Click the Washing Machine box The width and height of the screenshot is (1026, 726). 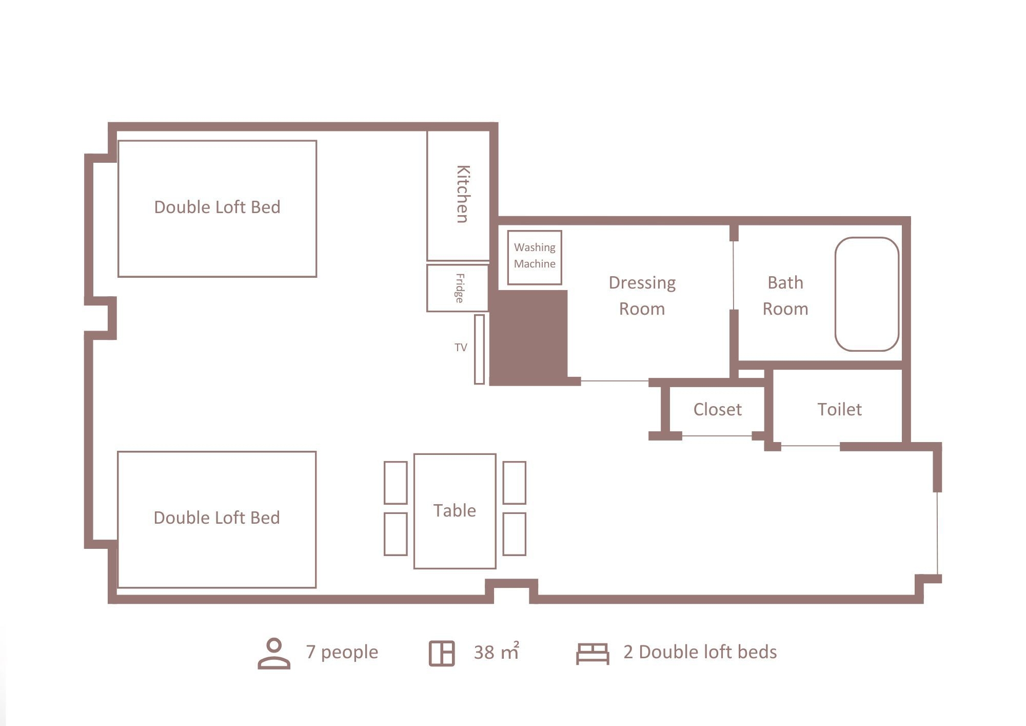click(x=535, y=257)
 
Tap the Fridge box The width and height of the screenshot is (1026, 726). click(x=457, y=288)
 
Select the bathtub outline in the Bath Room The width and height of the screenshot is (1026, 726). click(x=836, y=294)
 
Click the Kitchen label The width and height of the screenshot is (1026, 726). click(x=463, y=194)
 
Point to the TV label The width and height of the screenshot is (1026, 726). click(x=461, y=348)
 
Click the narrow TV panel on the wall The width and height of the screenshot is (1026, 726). click(x=479, y=349)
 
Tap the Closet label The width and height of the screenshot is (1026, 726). click(x=717, y=409)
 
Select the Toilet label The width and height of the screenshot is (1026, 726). click(x=839, y=409)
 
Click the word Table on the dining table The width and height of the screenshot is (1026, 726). click(x=455, y=510)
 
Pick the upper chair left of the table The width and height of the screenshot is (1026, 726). click(x=396, y=483)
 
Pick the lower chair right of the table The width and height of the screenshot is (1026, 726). click(x=514, y=534)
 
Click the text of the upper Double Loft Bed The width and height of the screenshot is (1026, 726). click(x=217, y=207)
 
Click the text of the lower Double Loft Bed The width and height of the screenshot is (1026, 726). click(x=217, y=518)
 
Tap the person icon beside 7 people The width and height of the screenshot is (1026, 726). click(x=274, y=654)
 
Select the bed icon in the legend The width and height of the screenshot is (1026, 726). click(x=593, y=654)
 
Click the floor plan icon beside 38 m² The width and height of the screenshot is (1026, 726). click(x=442, y=654)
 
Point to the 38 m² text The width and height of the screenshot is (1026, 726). click(x=497, y=652)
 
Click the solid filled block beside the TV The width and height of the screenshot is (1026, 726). click(x=528, y=337)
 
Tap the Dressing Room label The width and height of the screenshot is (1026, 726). click(x=642, y=296)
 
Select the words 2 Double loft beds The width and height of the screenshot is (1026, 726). click(x=700, y=652)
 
